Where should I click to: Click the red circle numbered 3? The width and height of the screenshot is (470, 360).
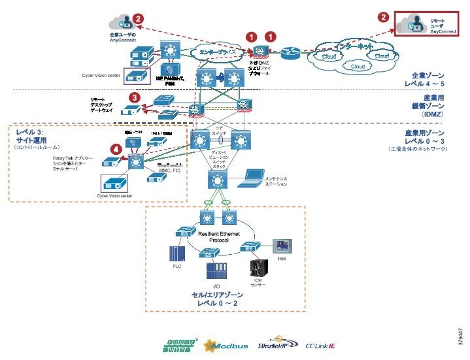click(x=134, y=97)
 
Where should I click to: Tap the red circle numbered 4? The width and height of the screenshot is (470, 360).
click(x=116, y=149)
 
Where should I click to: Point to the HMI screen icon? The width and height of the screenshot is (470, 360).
click(x=282, y=244)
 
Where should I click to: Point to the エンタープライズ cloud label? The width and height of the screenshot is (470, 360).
click(x=218, y=51)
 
